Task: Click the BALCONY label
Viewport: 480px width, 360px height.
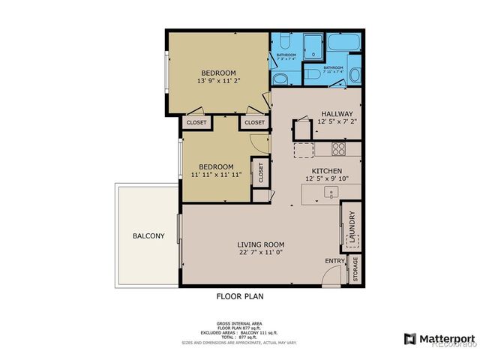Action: (x=148, y=236)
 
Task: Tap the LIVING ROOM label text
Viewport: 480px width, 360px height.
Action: (x=261, y=244)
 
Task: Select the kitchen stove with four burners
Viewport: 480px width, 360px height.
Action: (x=338, y=148)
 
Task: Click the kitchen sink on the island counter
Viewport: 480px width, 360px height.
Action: (x=328, y=193)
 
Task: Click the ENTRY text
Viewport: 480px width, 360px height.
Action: (x=334, y=261)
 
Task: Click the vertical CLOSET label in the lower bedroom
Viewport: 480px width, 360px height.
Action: (x=261, y=172)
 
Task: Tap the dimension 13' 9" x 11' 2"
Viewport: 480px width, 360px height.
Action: (x=218, y=81)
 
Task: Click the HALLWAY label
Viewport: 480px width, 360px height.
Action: (x=335, y=113)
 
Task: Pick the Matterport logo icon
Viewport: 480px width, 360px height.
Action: (x=409, y=339)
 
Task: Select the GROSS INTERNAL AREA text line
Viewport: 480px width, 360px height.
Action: (x=239, y=324)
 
